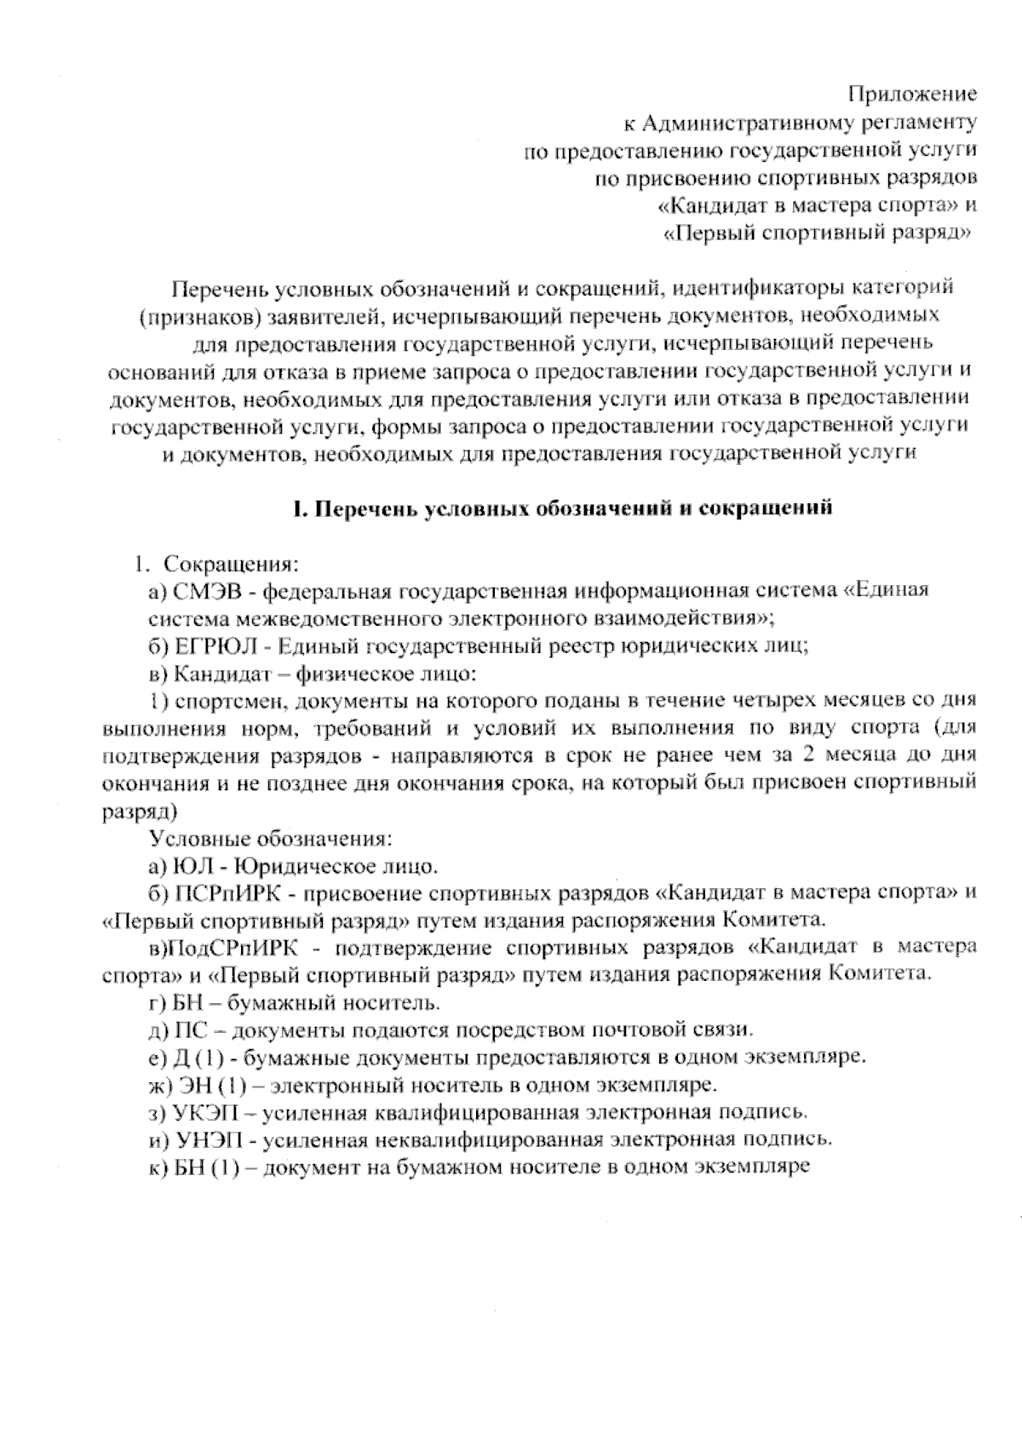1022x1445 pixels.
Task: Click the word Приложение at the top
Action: click(913, 93)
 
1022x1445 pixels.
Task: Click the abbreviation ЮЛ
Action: click(194, 867)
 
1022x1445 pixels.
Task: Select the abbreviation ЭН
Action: click(192, 1085)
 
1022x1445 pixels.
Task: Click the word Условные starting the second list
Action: click(201, 839)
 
